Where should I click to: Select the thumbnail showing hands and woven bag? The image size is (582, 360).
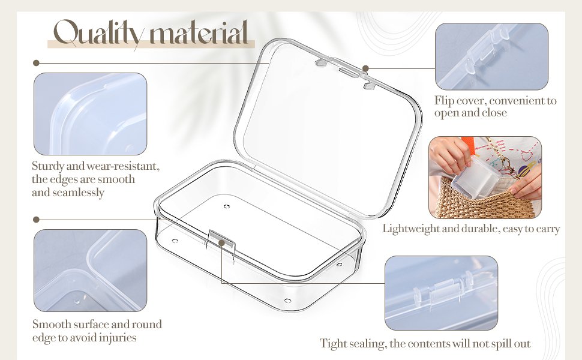485,178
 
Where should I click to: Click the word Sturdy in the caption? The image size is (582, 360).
48,166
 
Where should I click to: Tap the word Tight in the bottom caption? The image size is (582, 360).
332,344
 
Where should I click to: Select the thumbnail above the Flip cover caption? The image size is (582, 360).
491,56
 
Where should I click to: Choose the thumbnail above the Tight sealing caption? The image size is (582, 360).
441,293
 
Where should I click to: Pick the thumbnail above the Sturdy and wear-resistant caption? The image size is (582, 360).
90,114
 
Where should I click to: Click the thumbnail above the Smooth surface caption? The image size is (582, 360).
90,271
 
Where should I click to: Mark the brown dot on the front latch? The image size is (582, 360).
222,244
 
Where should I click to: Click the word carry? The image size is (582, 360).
547,229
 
